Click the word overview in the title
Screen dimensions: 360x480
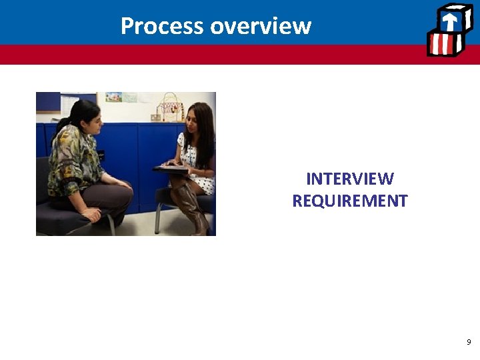[261, 26]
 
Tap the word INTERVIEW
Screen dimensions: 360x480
[349, 179]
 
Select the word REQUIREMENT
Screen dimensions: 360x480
[349, 201]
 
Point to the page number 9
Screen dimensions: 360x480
[469, 342]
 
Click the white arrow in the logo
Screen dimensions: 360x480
[450, 21]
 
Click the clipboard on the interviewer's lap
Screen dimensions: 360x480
[170, 168]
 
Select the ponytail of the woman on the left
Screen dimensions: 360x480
[64, 122]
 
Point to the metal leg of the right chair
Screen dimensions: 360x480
[157, 220]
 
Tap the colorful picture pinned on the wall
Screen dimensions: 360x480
[113, 97]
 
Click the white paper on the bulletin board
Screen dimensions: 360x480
[69, 104]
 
